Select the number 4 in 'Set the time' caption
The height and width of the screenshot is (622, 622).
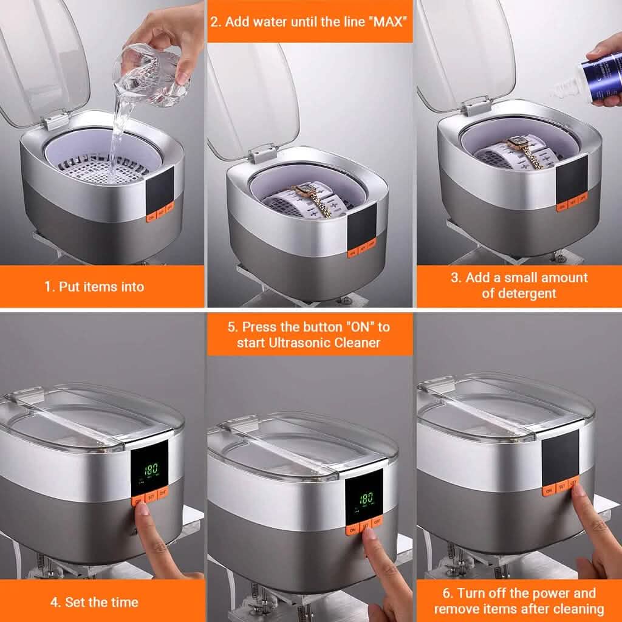(x=55, y=603)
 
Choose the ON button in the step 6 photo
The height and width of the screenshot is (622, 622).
(x=549, y=490)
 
